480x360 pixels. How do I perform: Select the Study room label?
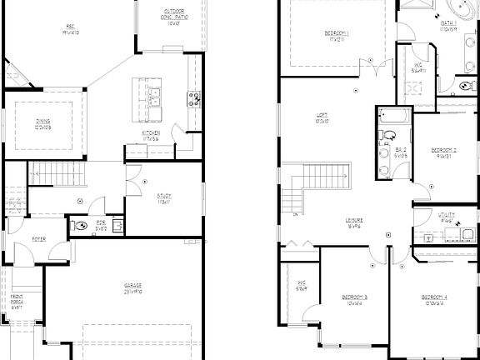coord(164,198)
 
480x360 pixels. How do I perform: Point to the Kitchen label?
coord(151,135)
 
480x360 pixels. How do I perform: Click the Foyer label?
coord(39,239)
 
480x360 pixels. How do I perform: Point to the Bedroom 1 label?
coord(337,35)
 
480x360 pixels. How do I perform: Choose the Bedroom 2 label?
coord(444,152)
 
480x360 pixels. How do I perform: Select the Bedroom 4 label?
coord(434,300)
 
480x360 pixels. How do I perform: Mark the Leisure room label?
coord(354,223)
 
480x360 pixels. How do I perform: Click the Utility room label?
coord(447,217)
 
